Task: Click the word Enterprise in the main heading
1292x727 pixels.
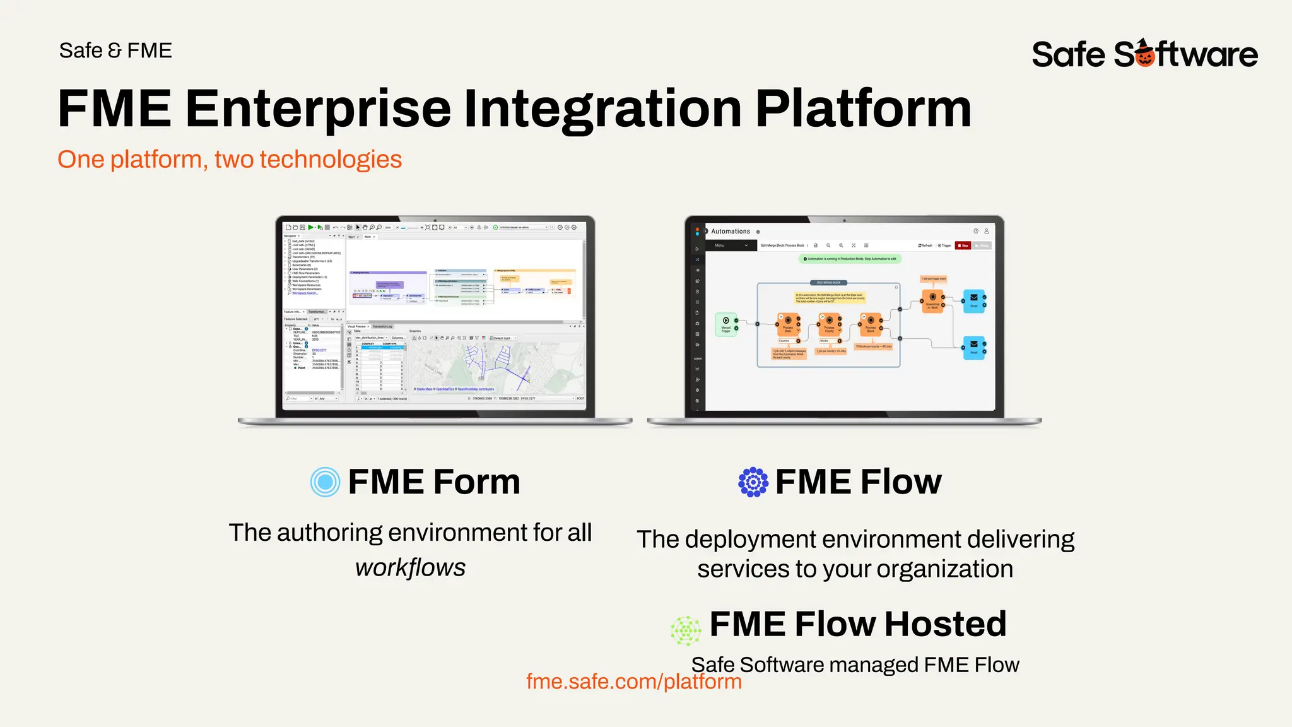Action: tap(317, 109)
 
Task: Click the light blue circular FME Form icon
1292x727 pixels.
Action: tap(326, 482)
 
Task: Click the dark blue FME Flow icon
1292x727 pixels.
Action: tap(753, 482)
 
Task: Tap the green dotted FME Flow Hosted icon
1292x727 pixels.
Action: tap(686, 630)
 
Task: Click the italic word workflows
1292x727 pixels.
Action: tap(410, 567)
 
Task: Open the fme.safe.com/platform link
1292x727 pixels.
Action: tap(633, 682)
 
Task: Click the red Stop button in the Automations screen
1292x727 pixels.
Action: tap(963, 245)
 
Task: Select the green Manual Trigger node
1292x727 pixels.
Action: tap(726, 324)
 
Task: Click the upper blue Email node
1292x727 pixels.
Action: tap(973, 300)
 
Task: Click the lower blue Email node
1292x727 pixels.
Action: tap(973, 347)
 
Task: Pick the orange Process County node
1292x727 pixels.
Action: tap(829, 324)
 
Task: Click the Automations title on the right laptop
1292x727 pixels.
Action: tap(731, 232)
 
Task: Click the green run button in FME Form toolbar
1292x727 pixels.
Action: tap(310, 227)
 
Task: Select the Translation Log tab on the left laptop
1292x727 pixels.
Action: tap(382, 326)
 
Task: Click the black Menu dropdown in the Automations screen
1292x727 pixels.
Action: tap(731, 245)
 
